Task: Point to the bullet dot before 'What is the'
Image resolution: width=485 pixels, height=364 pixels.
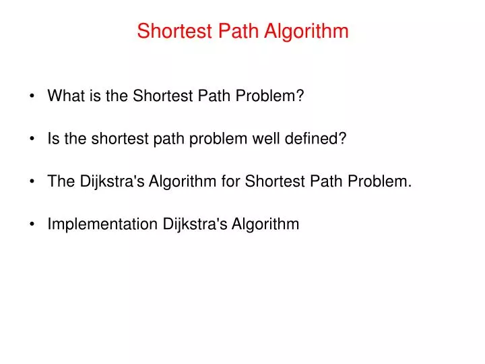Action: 33,96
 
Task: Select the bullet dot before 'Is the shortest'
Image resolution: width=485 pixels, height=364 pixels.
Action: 33,140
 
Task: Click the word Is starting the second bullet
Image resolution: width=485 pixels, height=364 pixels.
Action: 53,139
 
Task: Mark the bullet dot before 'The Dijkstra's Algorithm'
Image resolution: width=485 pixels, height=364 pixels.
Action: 33,182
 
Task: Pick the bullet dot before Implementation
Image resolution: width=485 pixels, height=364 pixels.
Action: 33,225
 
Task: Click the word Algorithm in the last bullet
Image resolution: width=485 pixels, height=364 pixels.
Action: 265,224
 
